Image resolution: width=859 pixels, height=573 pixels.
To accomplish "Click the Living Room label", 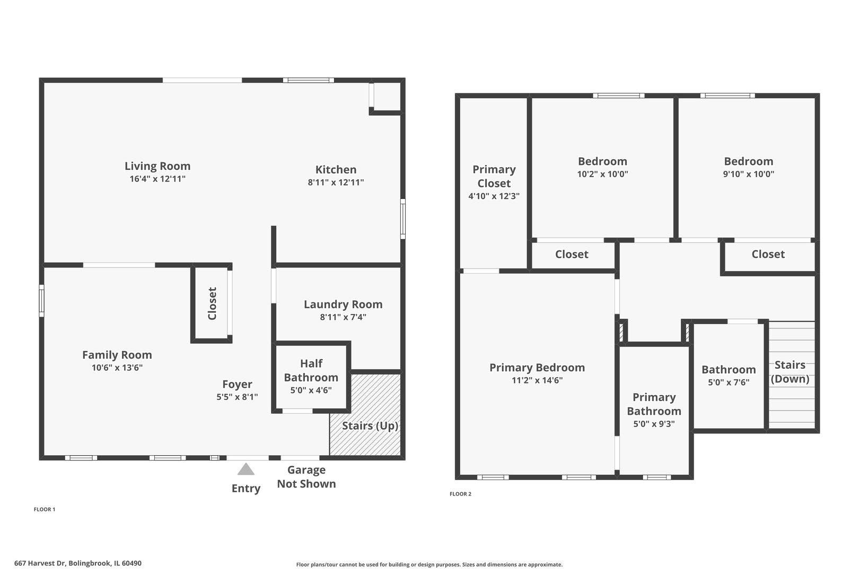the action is [157, 166].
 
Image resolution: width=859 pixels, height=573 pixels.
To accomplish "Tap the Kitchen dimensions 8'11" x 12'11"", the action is [336, 183].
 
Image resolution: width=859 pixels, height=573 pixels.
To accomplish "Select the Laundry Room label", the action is [343, 305].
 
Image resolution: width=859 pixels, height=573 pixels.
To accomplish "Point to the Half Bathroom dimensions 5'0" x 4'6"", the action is [311, 390].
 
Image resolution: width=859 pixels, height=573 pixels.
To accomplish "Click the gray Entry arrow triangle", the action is [246, 470].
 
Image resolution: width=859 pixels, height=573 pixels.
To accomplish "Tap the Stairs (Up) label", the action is [370, 426].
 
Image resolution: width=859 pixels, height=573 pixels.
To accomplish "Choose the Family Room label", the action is [117, 355].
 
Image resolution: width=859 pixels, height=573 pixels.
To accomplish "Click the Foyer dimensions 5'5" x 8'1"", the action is [237, 397].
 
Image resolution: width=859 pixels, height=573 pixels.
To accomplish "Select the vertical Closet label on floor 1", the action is [212, 303].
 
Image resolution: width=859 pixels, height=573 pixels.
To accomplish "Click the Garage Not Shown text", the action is [306, 476].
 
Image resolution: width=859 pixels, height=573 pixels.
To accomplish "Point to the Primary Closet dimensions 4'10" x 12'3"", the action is [494, 196].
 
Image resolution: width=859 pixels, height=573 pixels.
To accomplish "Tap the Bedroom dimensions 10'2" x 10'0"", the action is [602, 174].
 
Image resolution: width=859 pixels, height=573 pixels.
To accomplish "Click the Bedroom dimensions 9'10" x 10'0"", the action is [749, 174].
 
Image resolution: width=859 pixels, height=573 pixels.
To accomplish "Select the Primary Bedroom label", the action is [537, 368].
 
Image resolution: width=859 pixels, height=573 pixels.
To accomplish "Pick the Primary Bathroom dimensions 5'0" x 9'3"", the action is [654, 424].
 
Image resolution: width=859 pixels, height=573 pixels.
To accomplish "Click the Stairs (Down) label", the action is [790, 372].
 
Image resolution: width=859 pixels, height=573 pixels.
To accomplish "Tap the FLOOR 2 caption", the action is [460, 494].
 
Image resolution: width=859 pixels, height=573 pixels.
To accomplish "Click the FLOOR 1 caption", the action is [45, 509].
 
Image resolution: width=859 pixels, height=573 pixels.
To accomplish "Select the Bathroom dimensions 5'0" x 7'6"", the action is [729, 382].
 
